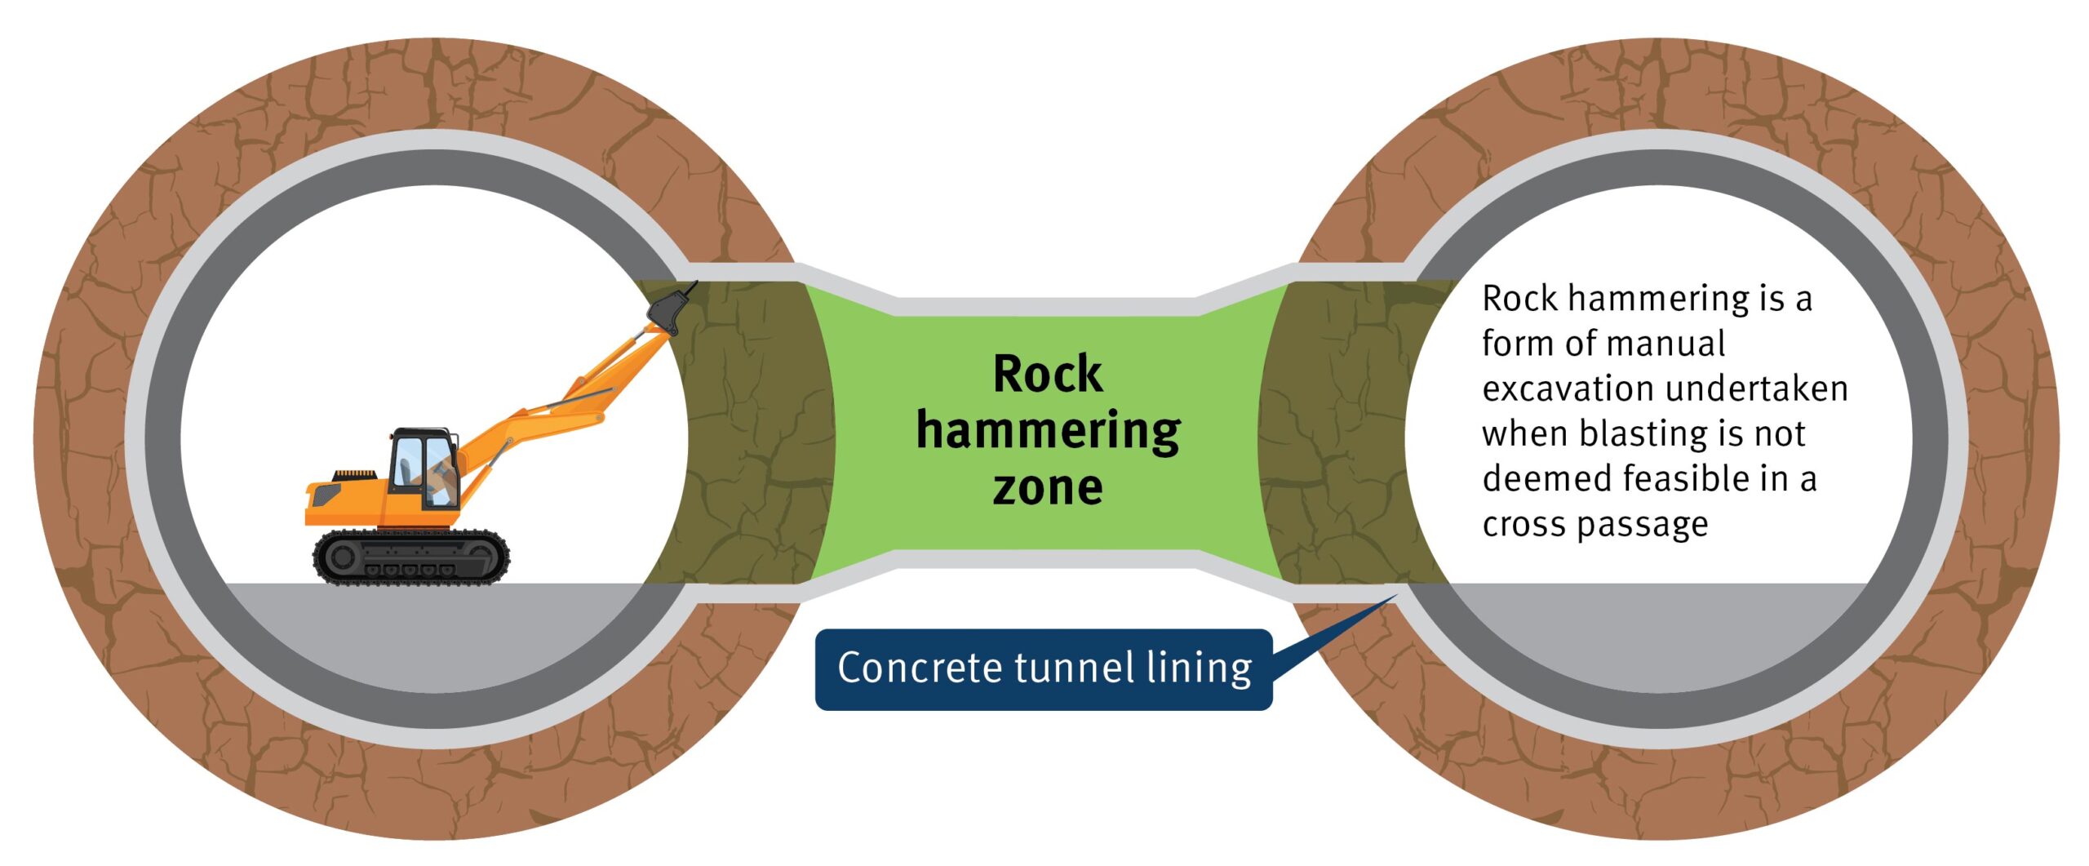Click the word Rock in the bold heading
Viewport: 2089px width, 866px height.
(x=1048, y=375)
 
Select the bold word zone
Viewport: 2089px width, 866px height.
(x=1048, y=488)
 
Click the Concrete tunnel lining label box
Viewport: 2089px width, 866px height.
(x=1043, y=669)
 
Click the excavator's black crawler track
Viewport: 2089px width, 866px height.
(x=411, y=557)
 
